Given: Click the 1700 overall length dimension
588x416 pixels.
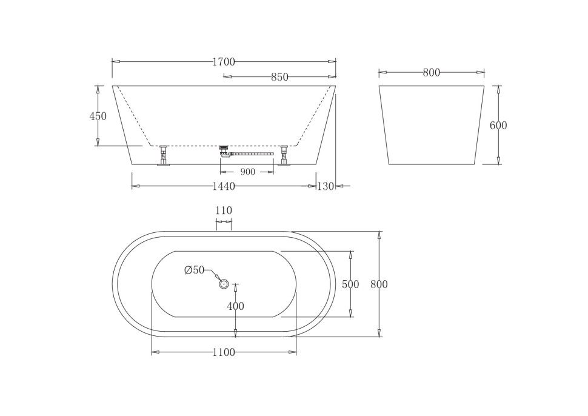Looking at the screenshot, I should pyautogui.click(x=224, y=62).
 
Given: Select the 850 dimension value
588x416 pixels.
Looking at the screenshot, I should pyautogui.click(x=279, y=77).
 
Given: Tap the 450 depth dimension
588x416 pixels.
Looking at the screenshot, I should pyautogui.click(x=98, y=116).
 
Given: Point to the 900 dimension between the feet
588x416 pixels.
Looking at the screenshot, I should pyautogui.click(x=247, y=172).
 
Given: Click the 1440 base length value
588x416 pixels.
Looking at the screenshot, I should pyautogui.click(x=224, y=187).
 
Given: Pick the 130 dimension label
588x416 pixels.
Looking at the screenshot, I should pyautogui.click(x=326, y=187).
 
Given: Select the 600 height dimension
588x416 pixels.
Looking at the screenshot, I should pyautogui.click(x=498, y=126).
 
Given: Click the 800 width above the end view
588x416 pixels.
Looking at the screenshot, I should pyautogui.click(x=432, y=73).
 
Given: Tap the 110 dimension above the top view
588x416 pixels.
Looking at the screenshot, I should pyautogui.click(x=224, y=210).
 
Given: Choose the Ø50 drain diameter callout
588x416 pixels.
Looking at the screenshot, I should pyautogui.click(x=195, y=270).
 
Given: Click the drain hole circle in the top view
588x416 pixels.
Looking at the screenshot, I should pyautogui.click(x=224, y=284).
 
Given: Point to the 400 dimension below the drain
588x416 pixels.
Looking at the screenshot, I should pyautogui.click(x=235, y=307).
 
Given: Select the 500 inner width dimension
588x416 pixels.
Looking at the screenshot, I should pyautogui.click(x=350, y=284).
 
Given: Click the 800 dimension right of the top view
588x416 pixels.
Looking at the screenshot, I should pyautogui.click(x=379, y=284).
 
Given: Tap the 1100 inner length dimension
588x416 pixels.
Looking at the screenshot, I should pyautogui.click(x=224, y=353).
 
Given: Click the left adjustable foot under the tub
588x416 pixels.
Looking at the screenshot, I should pyautogui.click(x=163, y=156).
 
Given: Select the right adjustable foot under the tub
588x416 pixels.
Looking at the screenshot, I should pyautogui.click(x=284, y=156).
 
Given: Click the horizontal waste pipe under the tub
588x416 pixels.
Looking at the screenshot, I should pyautogui.click(x=252, y=154).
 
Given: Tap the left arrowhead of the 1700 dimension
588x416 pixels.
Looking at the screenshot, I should pyautogui.click(x=116, y=61).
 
